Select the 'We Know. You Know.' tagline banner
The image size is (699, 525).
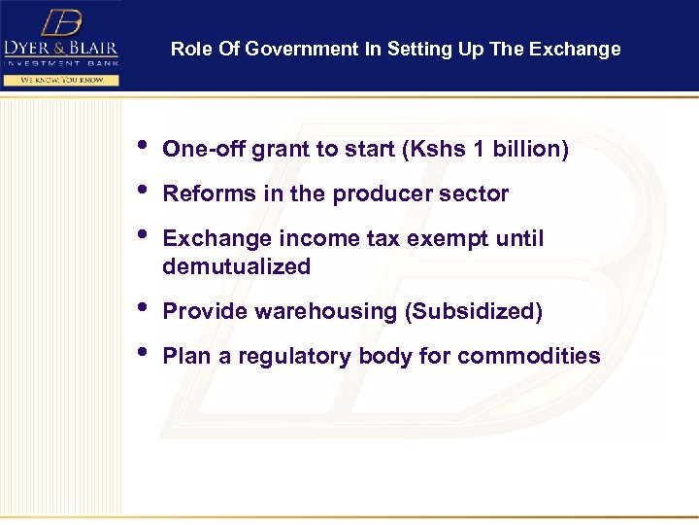pos(60,80)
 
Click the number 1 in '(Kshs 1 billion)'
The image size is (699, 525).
pos(477,150)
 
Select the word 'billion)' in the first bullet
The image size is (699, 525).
pos(531,150)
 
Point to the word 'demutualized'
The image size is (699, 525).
pos(236,267)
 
